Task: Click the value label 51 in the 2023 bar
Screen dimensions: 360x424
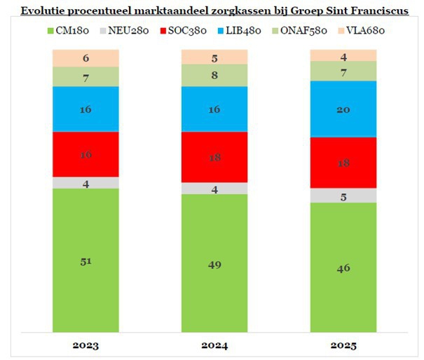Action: pos(86,261)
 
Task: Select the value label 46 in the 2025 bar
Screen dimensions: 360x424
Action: pos(343,268)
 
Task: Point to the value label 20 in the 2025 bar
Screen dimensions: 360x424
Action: pos(343,109)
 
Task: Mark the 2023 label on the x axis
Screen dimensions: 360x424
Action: pos(86,345)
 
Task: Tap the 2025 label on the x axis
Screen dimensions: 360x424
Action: pos(343,345)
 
